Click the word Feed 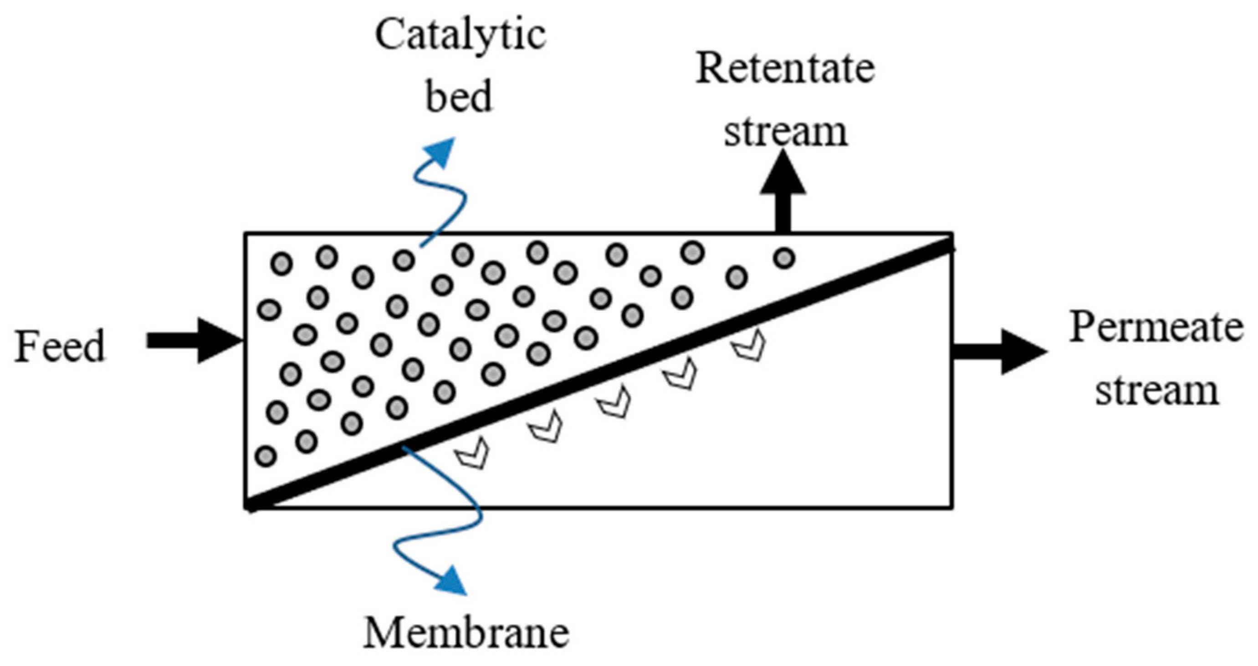60,346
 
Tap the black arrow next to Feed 195,341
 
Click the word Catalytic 460,35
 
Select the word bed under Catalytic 459,97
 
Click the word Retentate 785,68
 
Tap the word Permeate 1156,328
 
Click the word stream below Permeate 1156,390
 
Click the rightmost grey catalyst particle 784,257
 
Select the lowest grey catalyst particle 266,457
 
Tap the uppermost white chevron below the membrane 749,346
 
